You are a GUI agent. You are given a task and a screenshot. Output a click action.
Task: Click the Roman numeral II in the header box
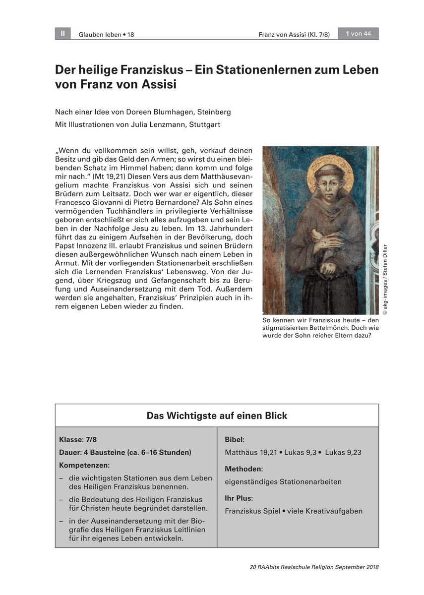pos(62,34)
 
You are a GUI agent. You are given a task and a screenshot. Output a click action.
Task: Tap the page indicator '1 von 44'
pos(358,34)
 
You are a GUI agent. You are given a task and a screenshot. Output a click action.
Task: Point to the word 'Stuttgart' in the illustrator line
pos(204,125)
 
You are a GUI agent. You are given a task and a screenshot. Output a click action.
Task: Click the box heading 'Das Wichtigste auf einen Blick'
pos(217,416)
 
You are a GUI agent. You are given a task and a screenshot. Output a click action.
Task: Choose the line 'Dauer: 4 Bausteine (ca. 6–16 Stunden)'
pos(125,452)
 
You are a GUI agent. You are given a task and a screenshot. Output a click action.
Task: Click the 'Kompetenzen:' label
pos(84,465)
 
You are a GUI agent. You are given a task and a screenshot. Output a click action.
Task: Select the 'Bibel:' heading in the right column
pos(235,439)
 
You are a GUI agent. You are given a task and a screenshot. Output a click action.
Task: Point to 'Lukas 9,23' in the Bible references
pos(343,452)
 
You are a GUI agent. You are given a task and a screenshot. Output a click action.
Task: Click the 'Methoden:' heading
pos(243,469)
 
